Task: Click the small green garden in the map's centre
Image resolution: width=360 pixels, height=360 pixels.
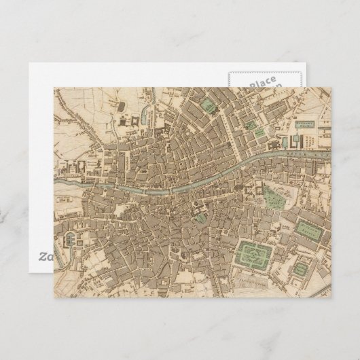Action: [202, 217]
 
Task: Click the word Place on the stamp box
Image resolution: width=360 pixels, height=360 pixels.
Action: [262, 84]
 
